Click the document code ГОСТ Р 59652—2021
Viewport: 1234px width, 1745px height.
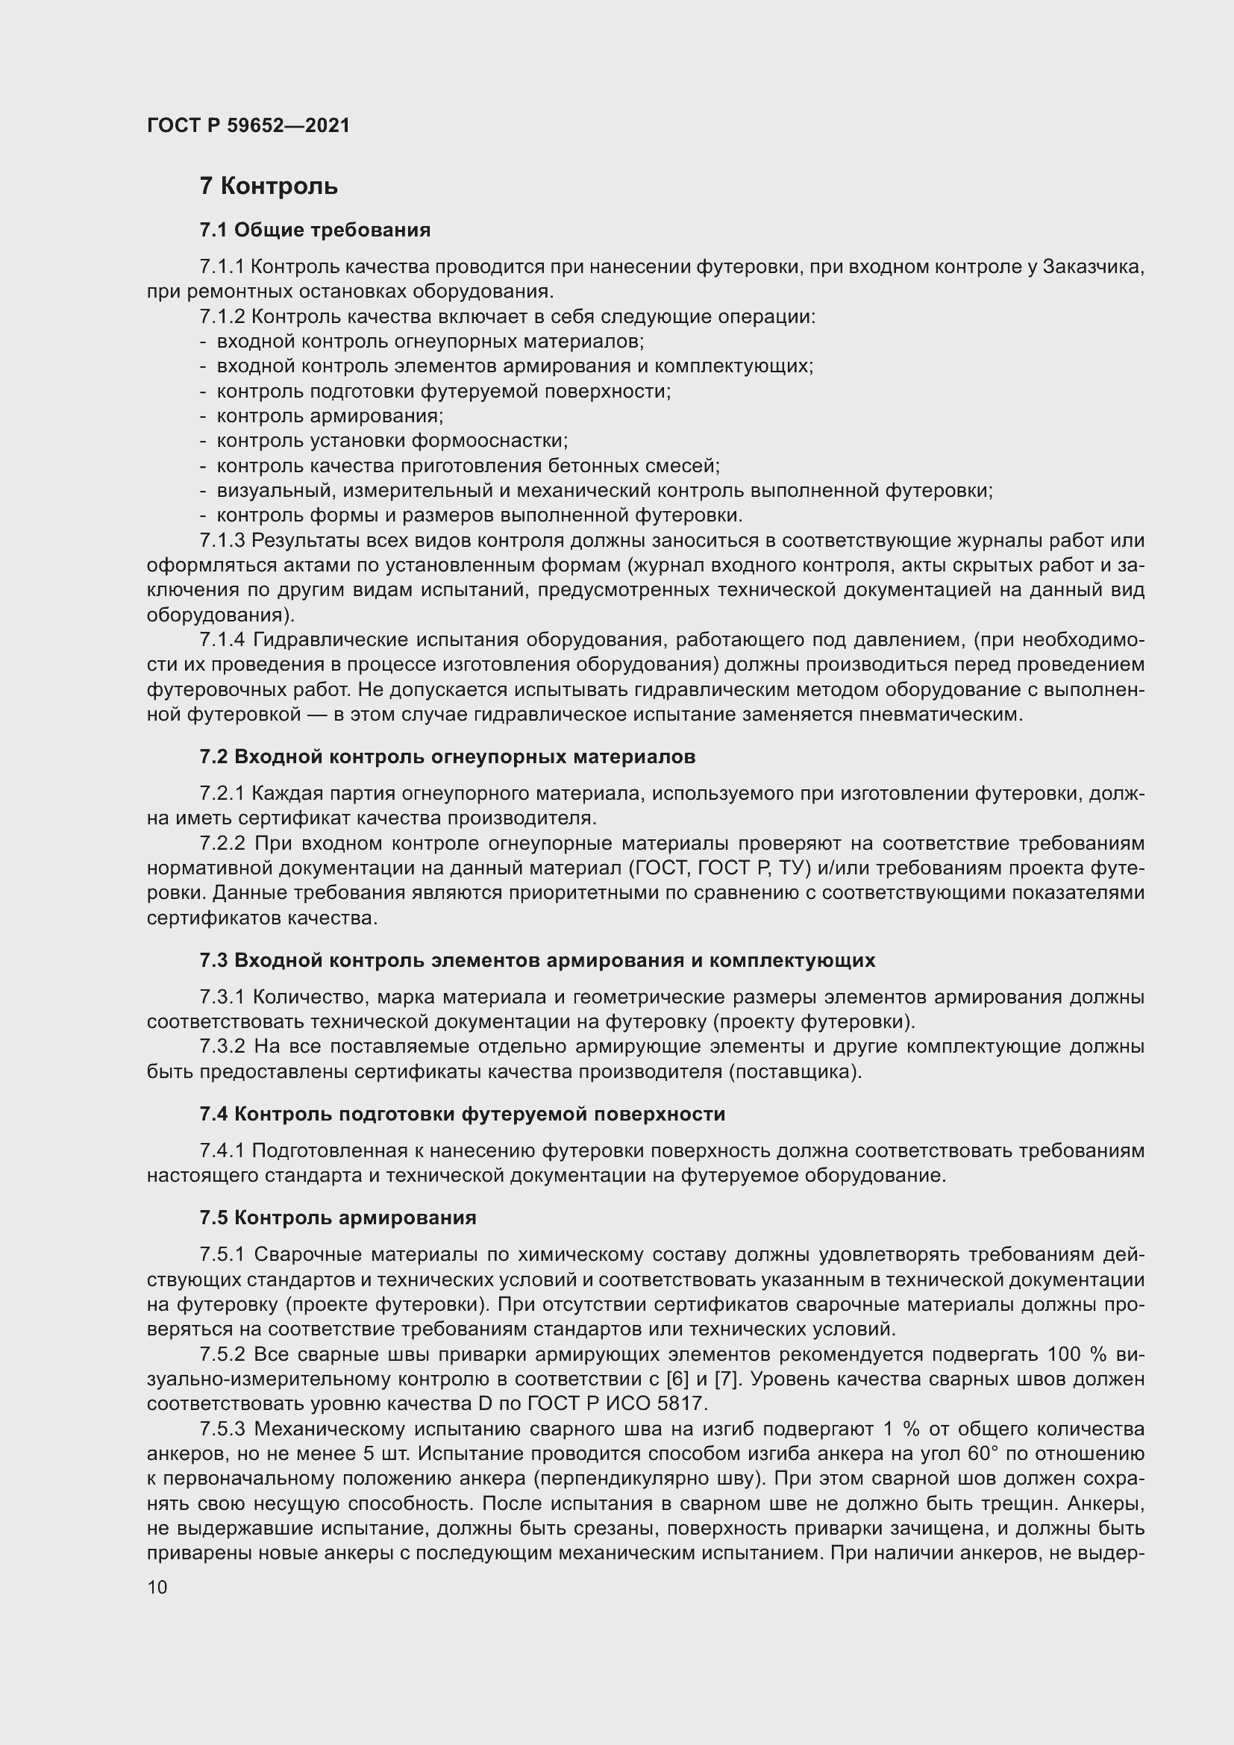pyautogui.click(x=248, y=125)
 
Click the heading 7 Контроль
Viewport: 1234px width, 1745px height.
pyautogui.click(x=269, y=187)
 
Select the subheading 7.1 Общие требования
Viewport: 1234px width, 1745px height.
pyautogui.click(x=315, y=230)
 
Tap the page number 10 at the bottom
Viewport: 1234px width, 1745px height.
pyautogui.click(x=157, y=1588)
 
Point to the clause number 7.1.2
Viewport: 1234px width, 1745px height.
pyautogui.click(x=222, y=316)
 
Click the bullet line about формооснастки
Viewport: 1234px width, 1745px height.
pyautogui.click(x=392, y=441)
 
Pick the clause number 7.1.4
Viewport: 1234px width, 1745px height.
pyautogui.click(x=222, y=640)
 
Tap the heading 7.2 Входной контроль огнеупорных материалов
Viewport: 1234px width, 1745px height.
pyautogui.click(x=448, y=756)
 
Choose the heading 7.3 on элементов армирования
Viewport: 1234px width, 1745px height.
pyautogui.click(x=537, y=960)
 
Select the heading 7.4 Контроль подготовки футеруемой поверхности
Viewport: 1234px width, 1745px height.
pyautogui.click(x=462, y=1113)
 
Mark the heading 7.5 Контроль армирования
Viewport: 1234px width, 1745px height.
pyautogui.click(x=337, y=1217)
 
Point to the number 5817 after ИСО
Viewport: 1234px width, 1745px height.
pyautogui.click(x=681, y=1404)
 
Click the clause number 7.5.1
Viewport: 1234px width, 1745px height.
pyautogui.click(x=222, y=1254)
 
